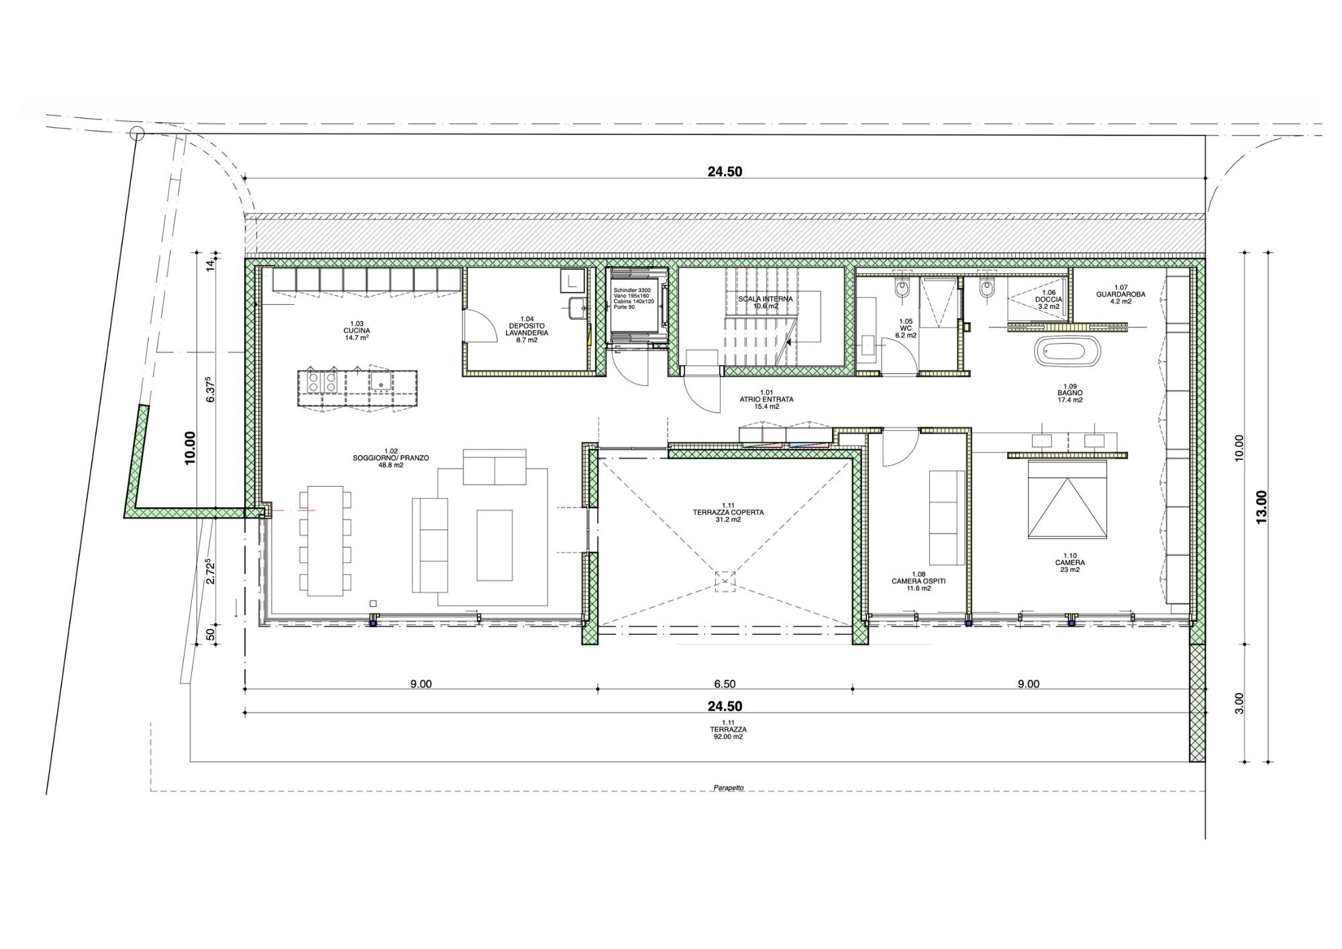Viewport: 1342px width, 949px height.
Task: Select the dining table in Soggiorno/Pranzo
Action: [325, 541]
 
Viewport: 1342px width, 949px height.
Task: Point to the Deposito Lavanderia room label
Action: [527, 329]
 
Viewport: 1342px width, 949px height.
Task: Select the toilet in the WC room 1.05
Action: [902, 290]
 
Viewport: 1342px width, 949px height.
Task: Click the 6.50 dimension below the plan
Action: [725, 685]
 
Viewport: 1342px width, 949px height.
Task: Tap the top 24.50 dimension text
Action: [725, 172]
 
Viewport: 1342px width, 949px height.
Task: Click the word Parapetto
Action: [729, 788]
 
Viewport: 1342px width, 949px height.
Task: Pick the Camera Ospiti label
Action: [919, 581]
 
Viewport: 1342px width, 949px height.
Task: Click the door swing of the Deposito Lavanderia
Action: [478, 327]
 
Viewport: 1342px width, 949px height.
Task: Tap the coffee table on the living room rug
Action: [495, 545]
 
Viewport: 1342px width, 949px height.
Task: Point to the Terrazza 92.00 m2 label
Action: [729, 730]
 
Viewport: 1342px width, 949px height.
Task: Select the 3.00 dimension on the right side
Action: [1239, 703]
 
